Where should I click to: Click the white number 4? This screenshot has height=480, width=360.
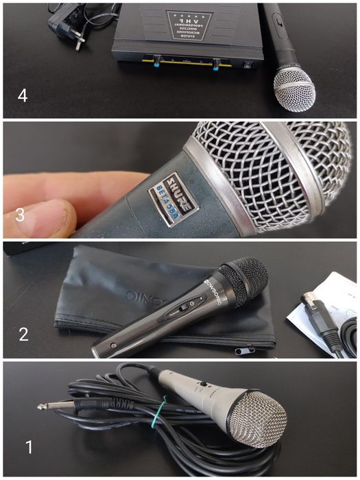23,95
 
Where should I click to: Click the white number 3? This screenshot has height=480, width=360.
20,215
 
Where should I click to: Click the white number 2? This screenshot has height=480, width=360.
23,334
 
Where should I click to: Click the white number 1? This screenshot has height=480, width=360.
29,448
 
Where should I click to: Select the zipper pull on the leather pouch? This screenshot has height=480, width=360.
241,352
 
